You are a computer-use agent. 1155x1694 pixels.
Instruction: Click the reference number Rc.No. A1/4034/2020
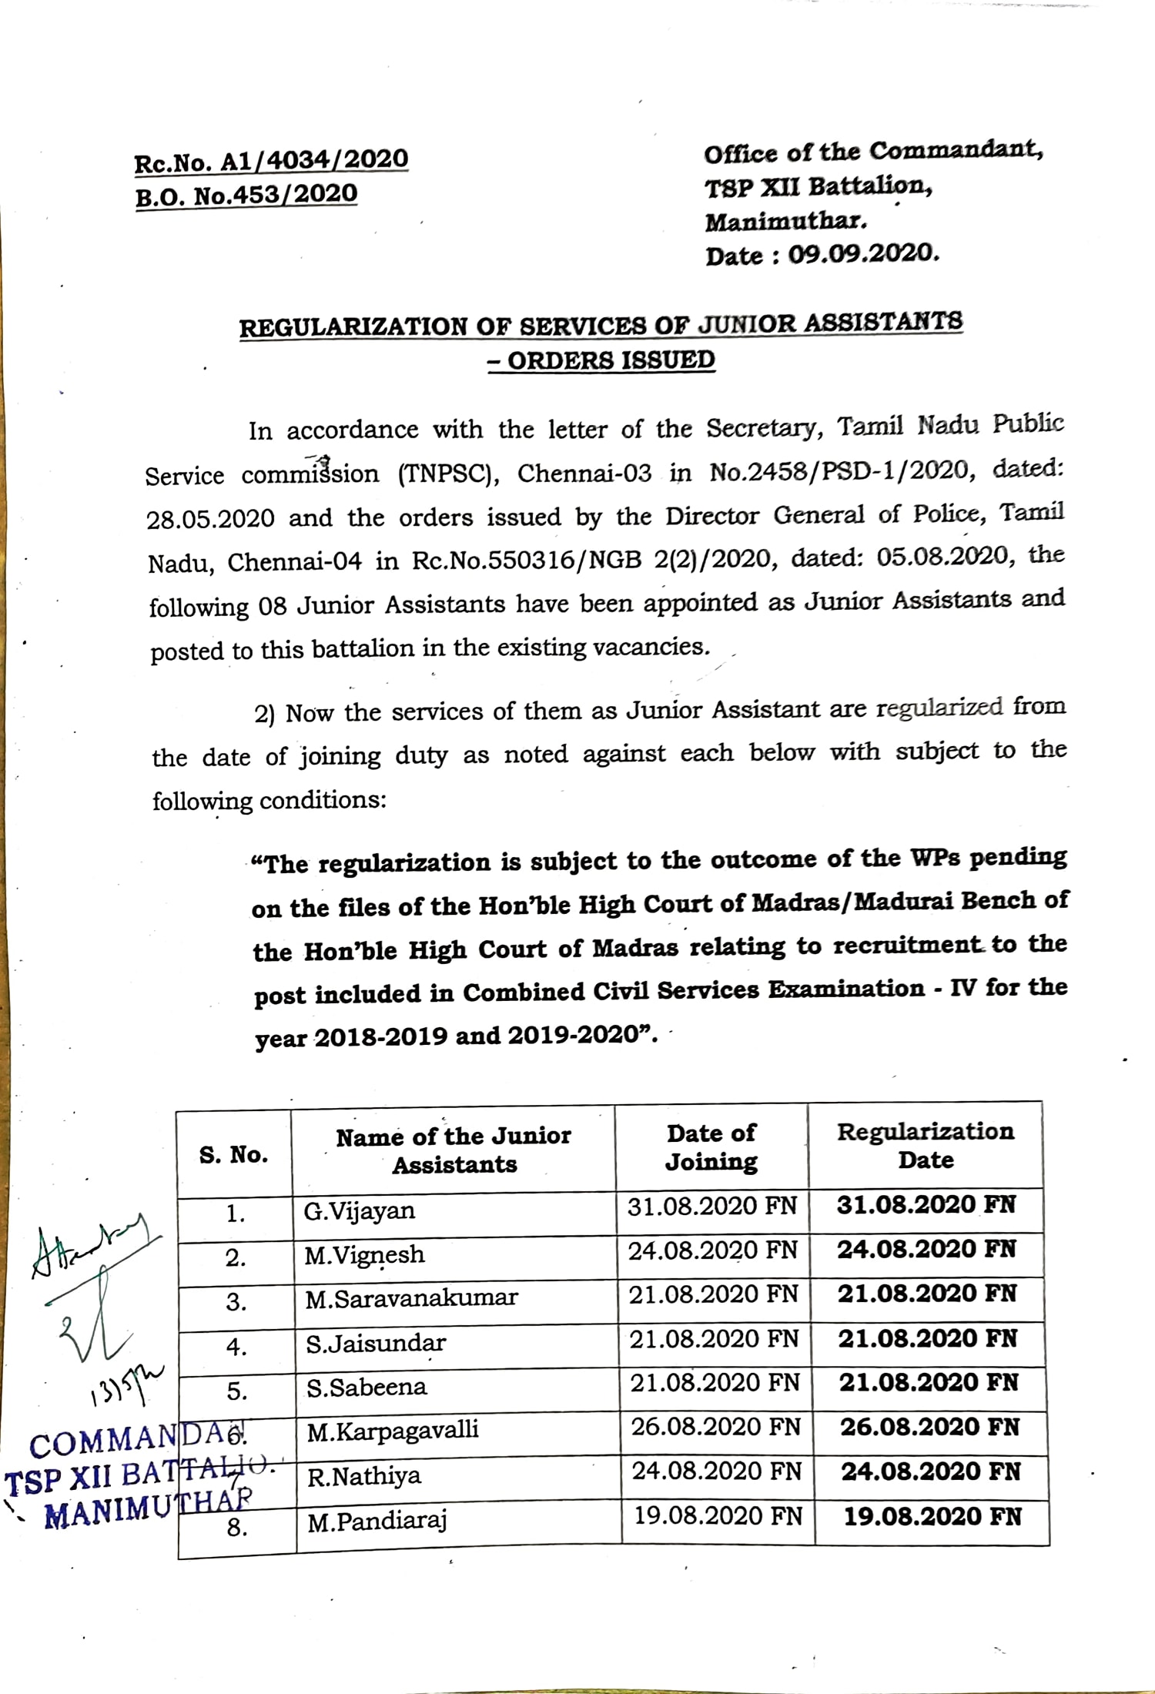tap(271, 161)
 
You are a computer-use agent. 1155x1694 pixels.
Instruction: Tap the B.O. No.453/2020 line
tap(246, 196)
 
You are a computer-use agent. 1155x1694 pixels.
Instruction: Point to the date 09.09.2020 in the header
tap(862, 253)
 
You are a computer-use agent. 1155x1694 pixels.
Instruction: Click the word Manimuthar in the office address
tap(785, 221)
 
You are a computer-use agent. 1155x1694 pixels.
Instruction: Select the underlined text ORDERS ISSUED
tap(611, 360)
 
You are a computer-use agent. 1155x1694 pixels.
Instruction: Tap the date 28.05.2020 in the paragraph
tap(210, 518)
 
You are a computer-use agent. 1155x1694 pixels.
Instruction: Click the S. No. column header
tap(233, 1155)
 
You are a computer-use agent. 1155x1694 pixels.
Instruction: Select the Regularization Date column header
tap(926, 1146)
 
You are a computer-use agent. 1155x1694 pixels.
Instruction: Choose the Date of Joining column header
tap(711, 1147)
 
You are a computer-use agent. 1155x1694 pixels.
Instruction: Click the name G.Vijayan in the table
tap(359, 1211)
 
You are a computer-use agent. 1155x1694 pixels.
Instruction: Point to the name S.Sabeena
tap(367, 1388)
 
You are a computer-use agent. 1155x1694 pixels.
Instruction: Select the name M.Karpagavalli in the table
tap(393, 1431)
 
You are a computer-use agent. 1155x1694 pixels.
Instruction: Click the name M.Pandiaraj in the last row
tap(377, 1521)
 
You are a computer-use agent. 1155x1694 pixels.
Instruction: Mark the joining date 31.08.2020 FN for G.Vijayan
tap(711, 1207)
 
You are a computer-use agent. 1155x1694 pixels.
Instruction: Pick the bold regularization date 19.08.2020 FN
tap(932, 1517)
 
